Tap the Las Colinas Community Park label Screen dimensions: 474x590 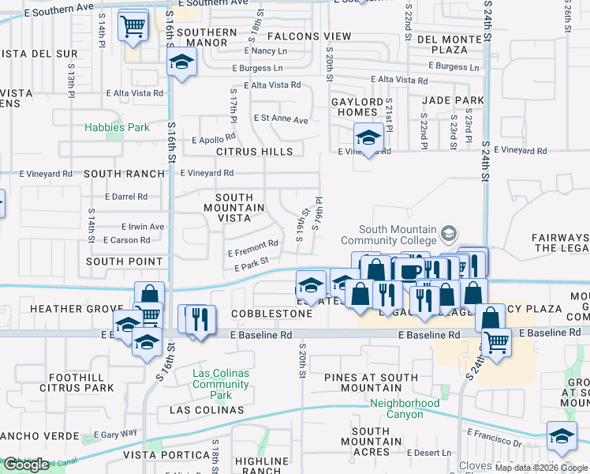click(221, 384)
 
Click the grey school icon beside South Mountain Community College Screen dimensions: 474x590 click(449, 234)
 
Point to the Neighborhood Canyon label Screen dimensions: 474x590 click(405, 408)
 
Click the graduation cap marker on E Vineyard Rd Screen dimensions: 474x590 click(368, 137)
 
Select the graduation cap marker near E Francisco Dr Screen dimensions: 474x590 click(562, 436)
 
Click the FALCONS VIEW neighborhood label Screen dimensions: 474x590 click(308, 36)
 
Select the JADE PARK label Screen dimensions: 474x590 click(453, 100)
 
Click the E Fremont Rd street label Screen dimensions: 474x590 click(252, 248)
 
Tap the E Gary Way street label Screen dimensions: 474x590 click(115, 434)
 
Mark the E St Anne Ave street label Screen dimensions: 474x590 click(280, 119)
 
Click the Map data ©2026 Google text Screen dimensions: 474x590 click(541, 467)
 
